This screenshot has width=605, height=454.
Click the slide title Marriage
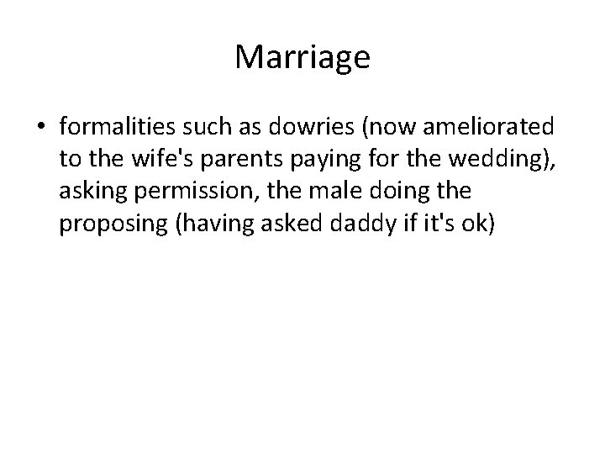pos(302,57)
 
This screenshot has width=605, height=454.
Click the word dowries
pos(320,127)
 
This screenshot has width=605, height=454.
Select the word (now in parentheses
pos(398,127)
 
